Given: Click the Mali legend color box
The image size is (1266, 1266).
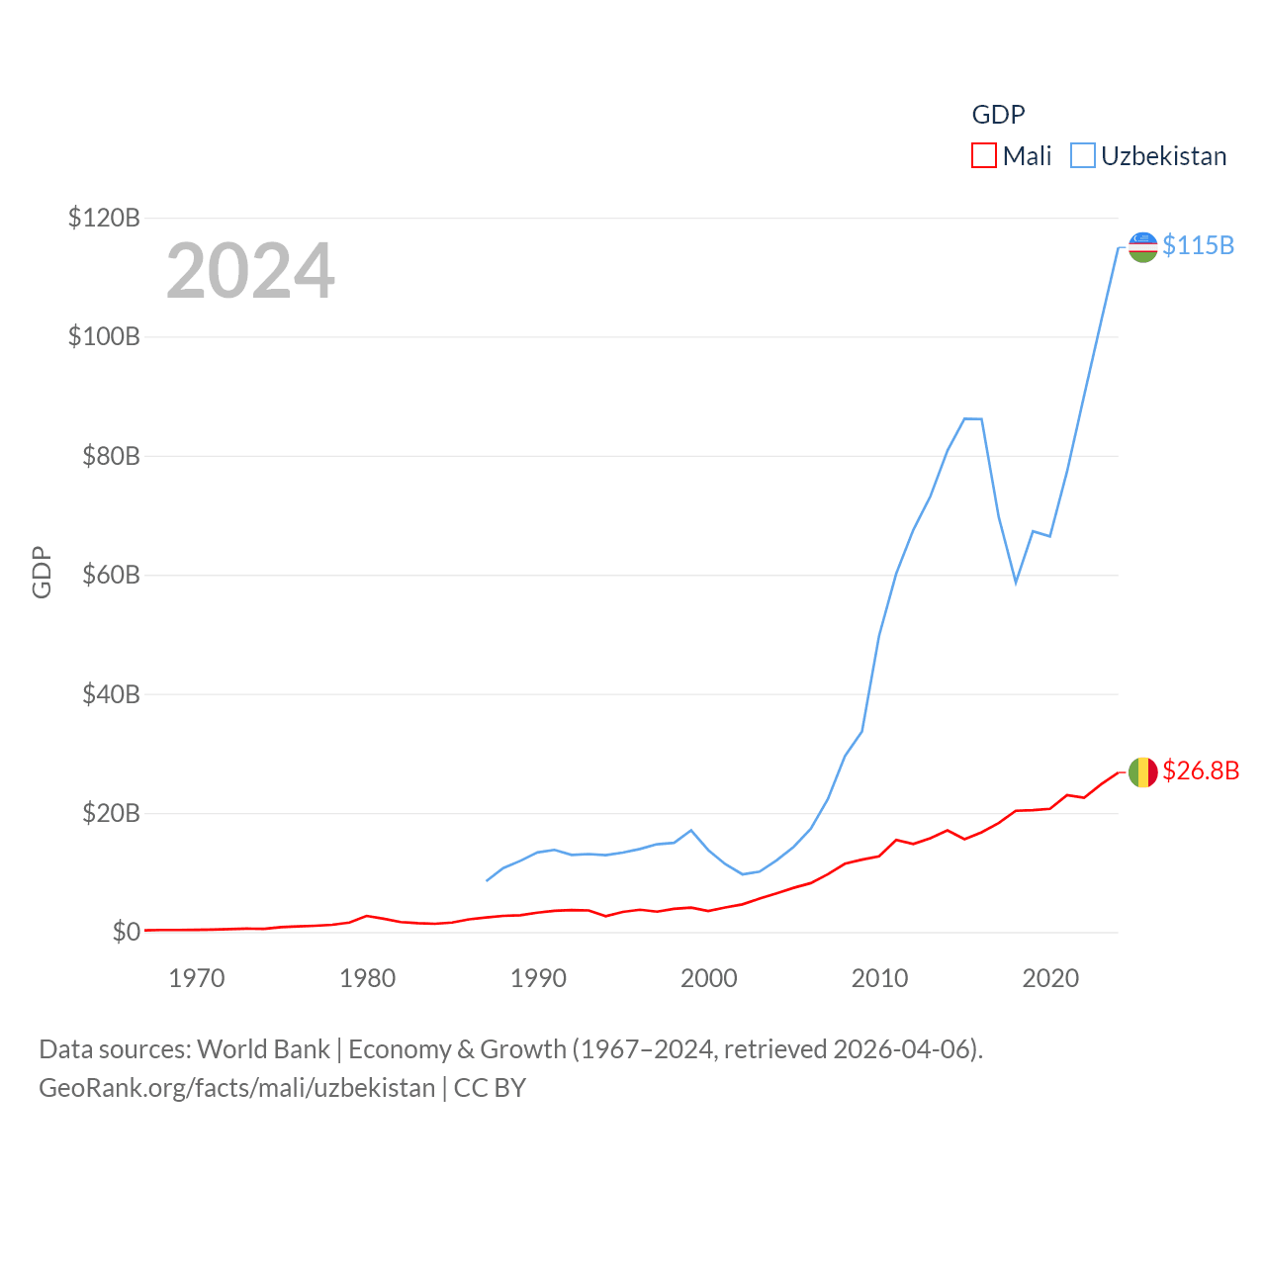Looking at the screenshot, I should click(983, 156).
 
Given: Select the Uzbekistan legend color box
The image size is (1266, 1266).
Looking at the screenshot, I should click(1083, 156).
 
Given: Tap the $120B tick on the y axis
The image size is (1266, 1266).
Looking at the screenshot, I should click(104, 218).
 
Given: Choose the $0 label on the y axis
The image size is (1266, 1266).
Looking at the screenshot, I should click(126, 933).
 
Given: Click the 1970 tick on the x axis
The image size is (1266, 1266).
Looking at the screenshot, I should click(197, 978).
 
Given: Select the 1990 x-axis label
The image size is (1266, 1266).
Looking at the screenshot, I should click(538, 978).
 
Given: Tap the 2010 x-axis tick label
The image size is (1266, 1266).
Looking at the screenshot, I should click(879, 978).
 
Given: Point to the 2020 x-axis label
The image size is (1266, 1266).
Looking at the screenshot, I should click(1050, 978).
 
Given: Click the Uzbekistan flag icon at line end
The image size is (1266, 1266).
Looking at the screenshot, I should click(1142, 247).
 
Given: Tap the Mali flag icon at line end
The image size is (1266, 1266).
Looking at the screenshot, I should click(1142, 772).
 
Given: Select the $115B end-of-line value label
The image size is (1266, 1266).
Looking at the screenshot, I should click(1198, 245).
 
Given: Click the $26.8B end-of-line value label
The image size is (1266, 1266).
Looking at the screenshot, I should click(1201, 770).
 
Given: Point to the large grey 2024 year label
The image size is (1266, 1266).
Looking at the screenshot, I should click(250, 271).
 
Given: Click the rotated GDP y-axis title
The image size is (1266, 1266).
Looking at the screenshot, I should click(42, 573).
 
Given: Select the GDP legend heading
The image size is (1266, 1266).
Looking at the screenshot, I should click(998, 115).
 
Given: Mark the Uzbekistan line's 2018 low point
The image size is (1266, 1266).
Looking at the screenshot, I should click(1016, 582).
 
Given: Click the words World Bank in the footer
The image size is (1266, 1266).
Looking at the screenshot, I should click(263, 1048).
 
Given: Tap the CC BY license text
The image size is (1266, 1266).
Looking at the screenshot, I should click(490, 1088).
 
